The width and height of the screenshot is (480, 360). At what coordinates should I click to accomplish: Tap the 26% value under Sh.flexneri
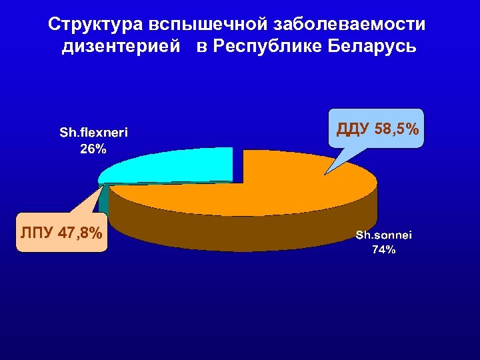point(93,149)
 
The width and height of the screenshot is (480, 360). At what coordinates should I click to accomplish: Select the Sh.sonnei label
point(384,235)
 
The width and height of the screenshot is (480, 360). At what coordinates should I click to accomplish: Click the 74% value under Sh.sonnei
point(384,251)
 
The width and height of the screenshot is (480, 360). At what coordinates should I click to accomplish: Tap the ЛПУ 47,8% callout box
point(61,233)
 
